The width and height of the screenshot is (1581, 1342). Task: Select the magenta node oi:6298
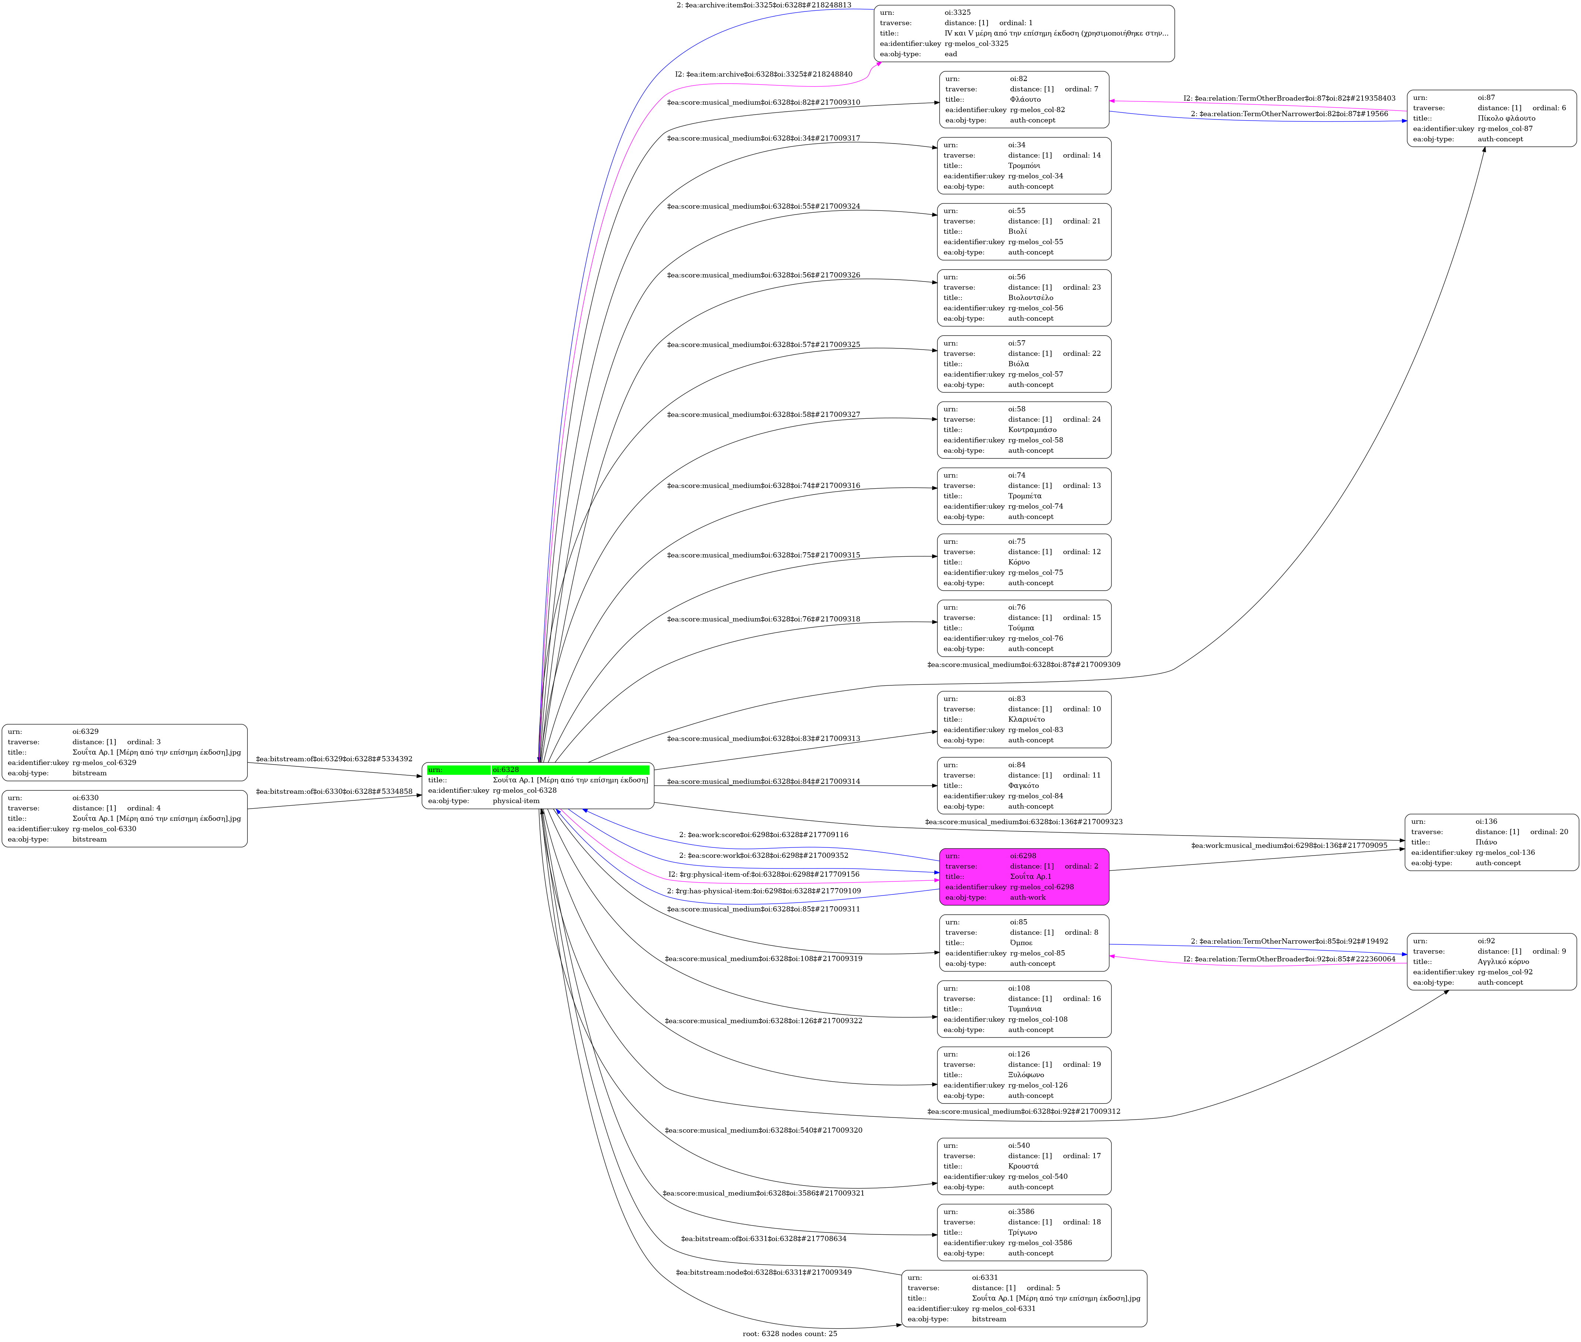pos(1023,876)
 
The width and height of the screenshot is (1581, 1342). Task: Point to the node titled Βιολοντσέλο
pos(1023,297)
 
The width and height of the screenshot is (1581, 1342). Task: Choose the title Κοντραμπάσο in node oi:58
pos(1032,430)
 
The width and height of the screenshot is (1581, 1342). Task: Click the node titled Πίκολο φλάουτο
pos(1491,118)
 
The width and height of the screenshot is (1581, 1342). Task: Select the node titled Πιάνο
pos(1491,842)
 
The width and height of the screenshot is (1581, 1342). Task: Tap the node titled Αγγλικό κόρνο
pos(1491,962)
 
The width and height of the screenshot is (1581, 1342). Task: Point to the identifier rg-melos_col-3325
pos(976,43)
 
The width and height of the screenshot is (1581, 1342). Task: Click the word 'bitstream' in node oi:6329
pos(90,773)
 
